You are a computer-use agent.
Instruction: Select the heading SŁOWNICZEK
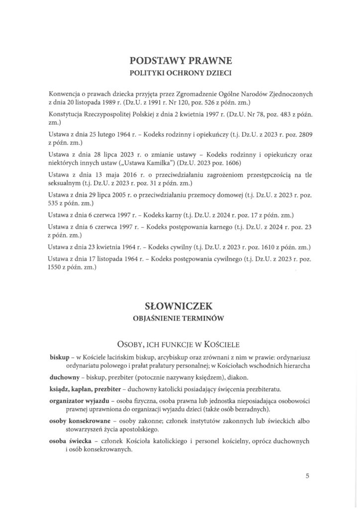(x=180, y=304)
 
